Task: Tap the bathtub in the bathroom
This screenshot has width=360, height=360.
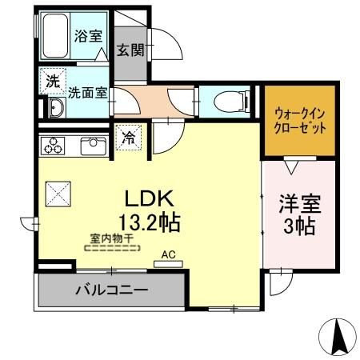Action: coord(56,37)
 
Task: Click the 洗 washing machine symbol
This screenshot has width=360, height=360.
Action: coord(51,81)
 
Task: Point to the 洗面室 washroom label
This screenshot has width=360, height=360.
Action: coord(88,92)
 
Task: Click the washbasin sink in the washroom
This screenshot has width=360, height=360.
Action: coord(55,110)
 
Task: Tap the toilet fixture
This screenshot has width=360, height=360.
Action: coord(230,101)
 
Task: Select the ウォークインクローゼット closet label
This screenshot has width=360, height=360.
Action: coord(299,121)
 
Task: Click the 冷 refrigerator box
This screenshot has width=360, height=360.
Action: coord(128,137)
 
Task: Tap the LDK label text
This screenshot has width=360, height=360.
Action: coord(149,198)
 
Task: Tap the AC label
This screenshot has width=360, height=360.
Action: coord(168,254)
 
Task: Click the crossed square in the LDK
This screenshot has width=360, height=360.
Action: coord(58,193)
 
